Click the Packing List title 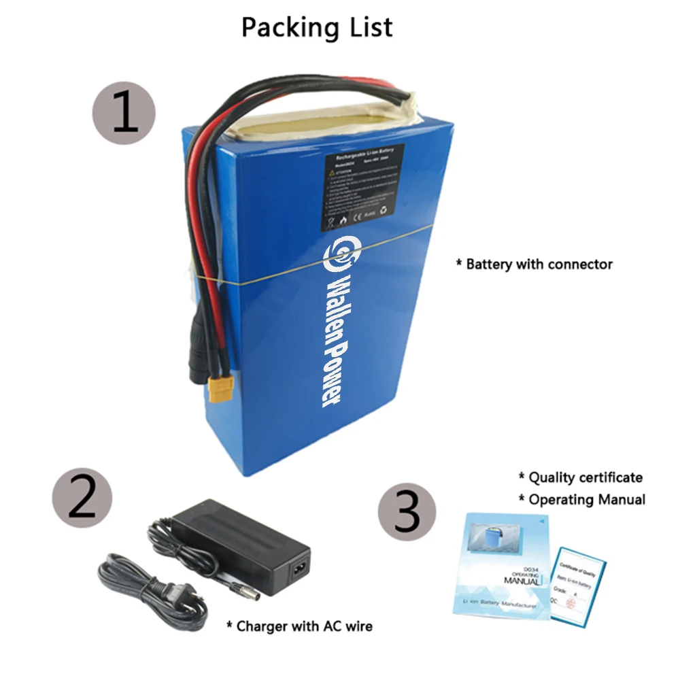coord(317,27)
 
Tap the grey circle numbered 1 coord(124,113)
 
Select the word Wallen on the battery coord(335,299)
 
